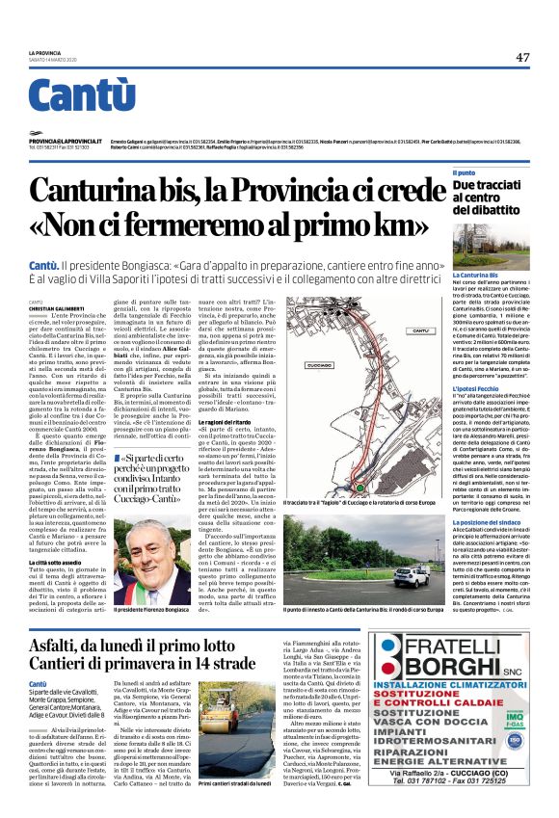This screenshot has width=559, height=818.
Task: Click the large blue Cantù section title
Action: point(81,95)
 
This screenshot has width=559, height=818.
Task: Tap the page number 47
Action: point(522,58)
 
